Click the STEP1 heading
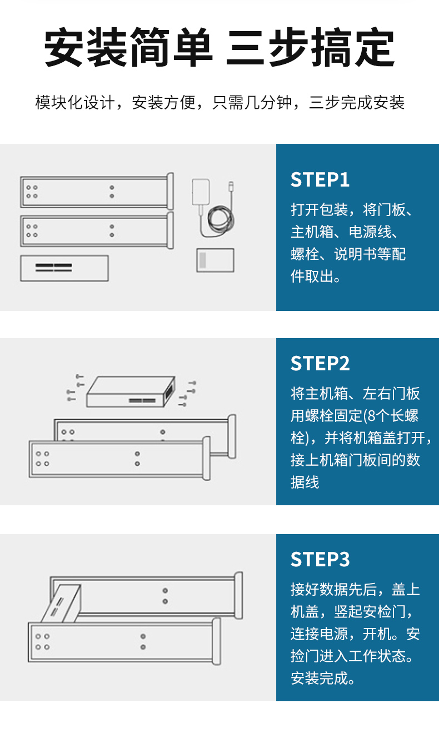[x=320, y=180]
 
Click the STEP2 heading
[x=320, y=363]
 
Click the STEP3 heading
[x=320, y=559]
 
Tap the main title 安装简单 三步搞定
[x=219, y=48]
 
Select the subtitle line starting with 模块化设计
[x=219, y=103]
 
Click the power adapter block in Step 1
[x=201, y=192]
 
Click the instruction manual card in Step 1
[x=215, y=260]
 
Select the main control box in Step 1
[x=64, y=268]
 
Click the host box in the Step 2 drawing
[x=131, y=392]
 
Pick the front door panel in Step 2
[x=117, y=459]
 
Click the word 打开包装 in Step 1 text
[x=320, y=210]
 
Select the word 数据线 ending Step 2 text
[x=305, y=482]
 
